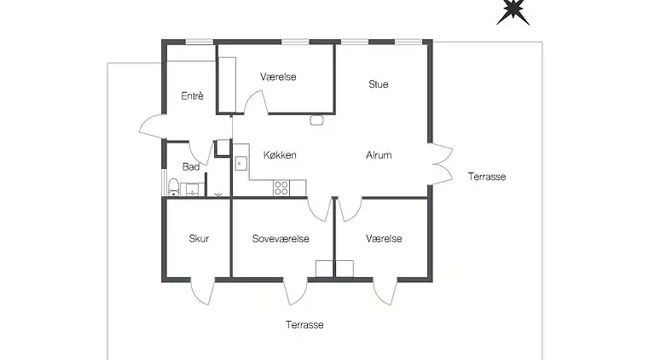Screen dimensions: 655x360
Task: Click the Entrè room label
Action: (x=192, y=96)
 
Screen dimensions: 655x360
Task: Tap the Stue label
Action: (x=379, y=84)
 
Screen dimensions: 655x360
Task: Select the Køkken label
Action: (x=280, y=155)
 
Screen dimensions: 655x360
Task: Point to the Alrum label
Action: (x=379, y=155)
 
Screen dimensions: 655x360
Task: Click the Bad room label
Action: (x=191, y=167)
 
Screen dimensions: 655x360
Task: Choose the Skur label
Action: (x=199, y=239)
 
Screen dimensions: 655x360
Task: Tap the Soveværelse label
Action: (x=281, y=239)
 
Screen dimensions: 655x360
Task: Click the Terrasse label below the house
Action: (x=304, y=325)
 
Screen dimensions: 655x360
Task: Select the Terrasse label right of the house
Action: (x=487, y=177)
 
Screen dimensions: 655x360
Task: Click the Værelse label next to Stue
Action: (x=278, y=77)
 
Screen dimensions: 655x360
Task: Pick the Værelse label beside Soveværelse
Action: (x=384, y=239)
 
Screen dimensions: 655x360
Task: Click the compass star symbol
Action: (x=513, y=11)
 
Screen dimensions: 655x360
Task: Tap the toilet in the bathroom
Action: (x=173, y=187)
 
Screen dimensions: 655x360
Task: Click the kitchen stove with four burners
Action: (x=281, y=188)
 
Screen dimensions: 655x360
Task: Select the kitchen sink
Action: (x=241, y=163)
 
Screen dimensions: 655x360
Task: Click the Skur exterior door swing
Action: (x=203, y=293)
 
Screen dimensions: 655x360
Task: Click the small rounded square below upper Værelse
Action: (x=316, y=120)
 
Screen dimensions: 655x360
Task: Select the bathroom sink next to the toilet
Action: (x=192, y=189)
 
